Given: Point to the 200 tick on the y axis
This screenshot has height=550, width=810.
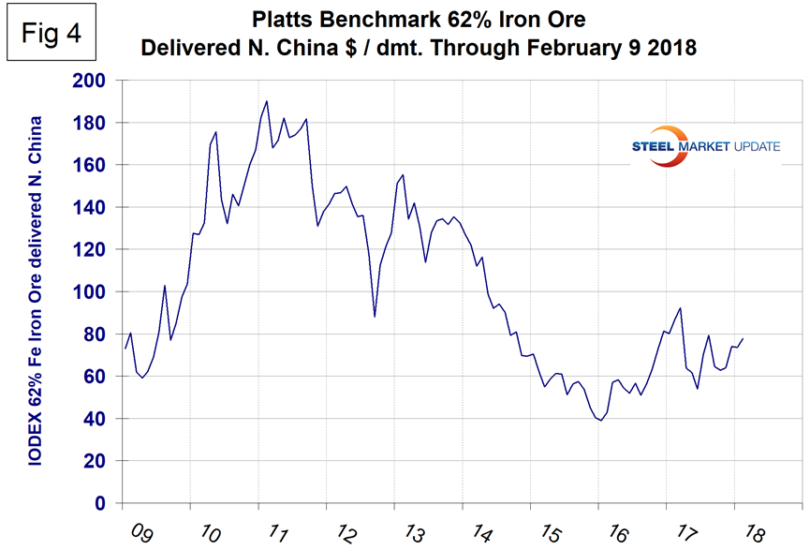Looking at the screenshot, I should tap(90, 81).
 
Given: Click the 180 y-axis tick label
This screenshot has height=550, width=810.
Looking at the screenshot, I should tap(90, 123).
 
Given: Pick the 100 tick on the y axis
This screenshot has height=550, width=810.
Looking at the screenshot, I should tap(90, 292).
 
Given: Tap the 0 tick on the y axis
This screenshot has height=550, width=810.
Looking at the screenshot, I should tap(102, 504).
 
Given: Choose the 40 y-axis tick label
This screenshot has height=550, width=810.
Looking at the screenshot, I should tap(95, 419).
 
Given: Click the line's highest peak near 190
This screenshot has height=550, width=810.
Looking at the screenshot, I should tap(267, 101).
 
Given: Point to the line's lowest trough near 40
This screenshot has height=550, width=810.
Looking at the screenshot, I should tap(600, 421).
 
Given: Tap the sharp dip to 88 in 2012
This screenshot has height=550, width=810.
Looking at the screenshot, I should tap(375, 317).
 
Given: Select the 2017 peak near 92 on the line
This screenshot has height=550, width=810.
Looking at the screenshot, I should tap(680, 308).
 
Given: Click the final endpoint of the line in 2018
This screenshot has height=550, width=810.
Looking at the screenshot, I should tap(744, 338).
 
